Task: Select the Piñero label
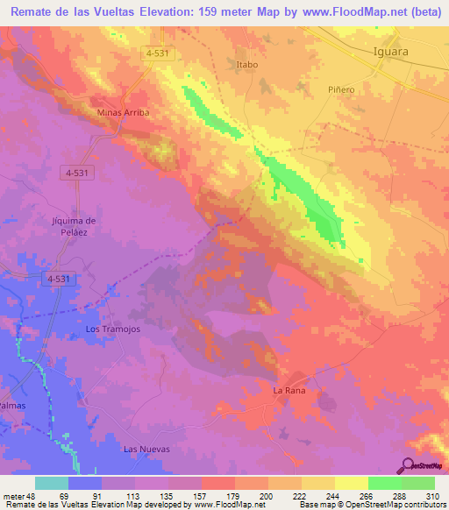(341, 89)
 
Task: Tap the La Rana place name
(289, 390)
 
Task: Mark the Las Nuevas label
(146, 449)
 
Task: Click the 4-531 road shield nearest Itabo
(158, 53)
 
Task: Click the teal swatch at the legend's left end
(52, 483)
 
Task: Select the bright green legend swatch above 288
(385, 483)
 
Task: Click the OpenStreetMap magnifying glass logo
(408, 465)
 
